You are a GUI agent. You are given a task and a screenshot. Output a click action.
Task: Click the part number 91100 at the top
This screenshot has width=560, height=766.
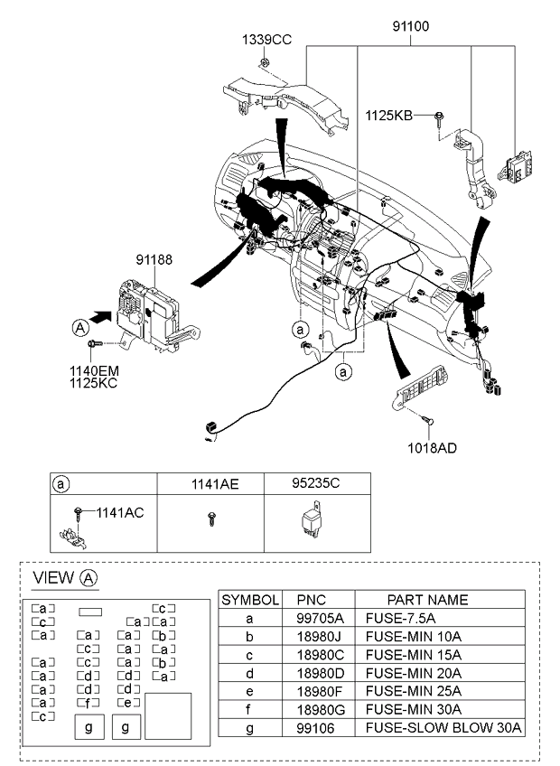(x=410, y=26)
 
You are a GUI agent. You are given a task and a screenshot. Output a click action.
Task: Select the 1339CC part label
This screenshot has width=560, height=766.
(x=266, y=40)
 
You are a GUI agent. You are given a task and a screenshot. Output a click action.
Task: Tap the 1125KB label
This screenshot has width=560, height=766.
(x=389, y=116)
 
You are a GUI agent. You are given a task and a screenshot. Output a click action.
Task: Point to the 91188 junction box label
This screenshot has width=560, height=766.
(x=154, y=259)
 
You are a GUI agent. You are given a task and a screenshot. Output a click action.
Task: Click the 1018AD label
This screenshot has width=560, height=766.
(x=432, y=447)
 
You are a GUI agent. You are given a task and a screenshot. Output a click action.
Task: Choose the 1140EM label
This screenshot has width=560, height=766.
(x=94, y=371)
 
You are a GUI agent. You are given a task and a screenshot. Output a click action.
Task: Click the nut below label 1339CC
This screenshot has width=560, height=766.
(x=265, y=62)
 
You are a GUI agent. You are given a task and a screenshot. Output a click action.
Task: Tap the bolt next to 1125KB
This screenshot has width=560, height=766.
(x=439, y=118)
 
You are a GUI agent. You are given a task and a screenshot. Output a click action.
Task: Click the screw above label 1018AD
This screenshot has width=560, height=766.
(x=427, y=420)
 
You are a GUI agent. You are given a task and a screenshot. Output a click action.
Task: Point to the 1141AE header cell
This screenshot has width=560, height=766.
(x=215, y=483)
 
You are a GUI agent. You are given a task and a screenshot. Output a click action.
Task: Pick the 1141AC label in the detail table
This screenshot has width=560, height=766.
(x=120, y=512)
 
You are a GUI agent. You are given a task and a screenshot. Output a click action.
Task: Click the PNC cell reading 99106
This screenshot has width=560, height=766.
(x=315, y=728)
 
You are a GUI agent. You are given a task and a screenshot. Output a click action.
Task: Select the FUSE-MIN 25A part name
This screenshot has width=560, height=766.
(x=414, y=691)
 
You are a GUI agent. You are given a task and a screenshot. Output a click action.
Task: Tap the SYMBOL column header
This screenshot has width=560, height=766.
(x=250, y=600)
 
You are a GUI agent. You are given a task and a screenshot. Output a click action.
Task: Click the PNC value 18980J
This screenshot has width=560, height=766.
(x=317, y=636)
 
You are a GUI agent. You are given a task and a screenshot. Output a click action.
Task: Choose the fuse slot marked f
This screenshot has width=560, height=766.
(x=89, y=703)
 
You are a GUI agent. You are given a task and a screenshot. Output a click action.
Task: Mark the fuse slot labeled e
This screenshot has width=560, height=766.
(x=128, y=703)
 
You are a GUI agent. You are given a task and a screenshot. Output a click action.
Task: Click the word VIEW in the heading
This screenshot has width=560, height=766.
(x=53, y=577)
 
